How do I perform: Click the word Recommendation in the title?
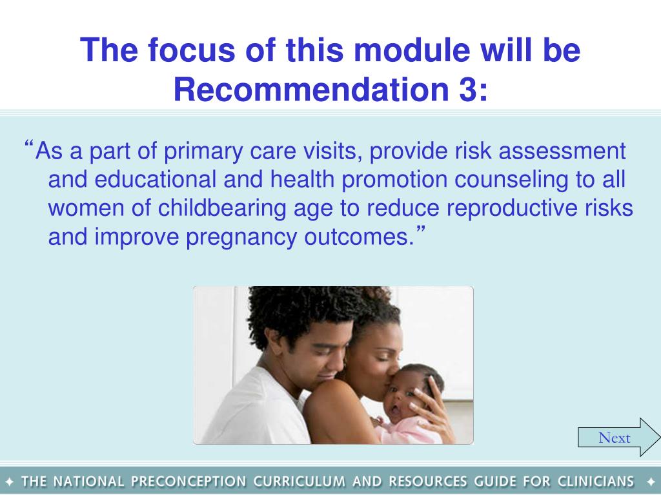tap(311, 89)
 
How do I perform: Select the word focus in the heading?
tap(190, 50)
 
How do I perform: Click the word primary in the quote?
tap(203, 151)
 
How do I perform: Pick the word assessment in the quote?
tap(562, 151)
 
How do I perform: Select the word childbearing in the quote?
tap(222, 209)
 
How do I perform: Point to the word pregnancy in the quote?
tap(241, 238)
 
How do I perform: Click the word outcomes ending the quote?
tap(356, 237)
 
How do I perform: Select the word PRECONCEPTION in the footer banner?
tap(188, 481)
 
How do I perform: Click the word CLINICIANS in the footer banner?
tap(596, 481)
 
